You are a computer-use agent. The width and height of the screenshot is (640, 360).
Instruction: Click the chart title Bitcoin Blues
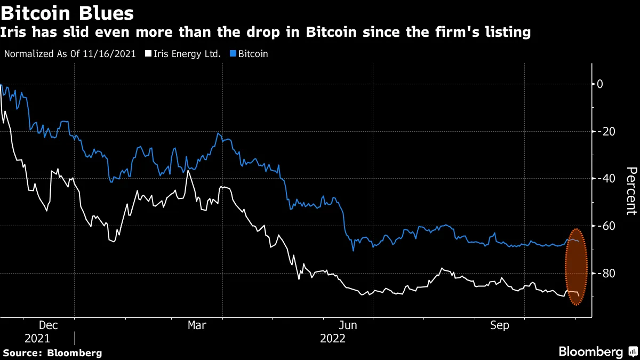[x=67, y=11]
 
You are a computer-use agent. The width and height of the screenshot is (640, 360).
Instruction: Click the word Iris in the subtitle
[x=15, y=33]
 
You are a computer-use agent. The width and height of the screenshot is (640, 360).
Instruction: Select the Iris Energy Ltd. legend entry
[x=183, y=54]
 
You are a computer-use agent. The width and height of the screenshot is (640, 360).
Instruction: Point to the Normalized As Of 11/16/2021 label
[x=69, y=54]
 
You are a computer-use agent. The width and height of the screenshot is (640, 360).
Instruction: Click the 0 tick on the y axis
[x=600, y=84]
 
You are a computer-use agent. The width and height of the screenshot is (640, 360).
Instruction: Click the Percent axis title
[x=631, y=190]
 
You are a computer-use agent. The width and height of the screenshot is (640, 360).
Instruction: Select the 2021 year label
[x=37, y=338]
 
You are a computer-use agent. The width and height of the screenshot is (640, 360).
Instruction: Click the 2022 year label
[x=333, y=338]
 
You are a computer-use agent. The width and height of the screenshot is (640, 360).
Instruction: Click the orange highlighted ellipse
[x=575, y=267]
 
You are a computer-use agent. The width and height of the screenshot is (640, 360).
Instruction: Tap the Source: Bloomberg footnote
[x=52, y=353]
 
